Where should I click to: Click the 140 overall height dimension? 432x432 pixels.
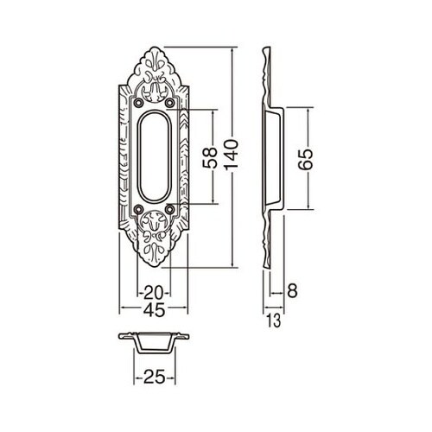pyautogui.click(x=232, y=158)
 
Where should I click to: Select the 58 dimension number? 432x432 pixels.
pyautogui.click(x=210, y=157)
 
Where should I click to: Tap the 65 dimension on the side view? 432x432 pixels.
pyautogui.click(x=306, y=159)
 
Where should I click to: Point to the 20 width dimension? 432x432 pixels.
pyautogui.click(x=153, y=294)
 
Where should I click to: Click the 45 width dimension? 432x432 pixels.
pyautogui.click(x=155, y=310)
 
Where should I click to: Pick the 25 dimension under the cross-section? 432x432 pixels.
pyautogui.click(x=154, y=377)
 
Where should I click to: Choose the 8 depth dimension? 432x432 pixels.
pyautogui.click(x=292, y=290)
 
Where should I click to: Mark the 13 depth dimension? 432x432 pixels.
pyautogui.click(x=274, y=321)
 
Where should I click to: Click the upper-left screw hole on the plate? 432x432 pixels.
pyautogui.click(x=139, y=102)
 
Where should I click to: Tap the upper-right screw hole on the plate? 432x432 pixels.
pyautogui.click(x=169, y=102)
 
